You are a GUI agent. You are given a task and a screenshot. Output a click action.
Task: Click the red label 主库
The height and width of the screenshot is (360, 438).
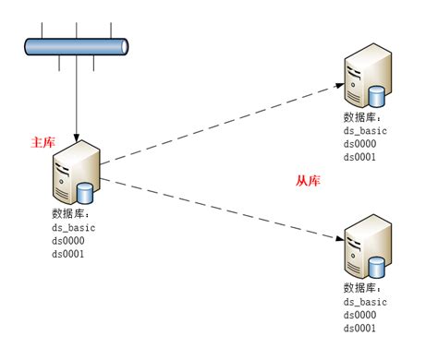(x=43, y=143)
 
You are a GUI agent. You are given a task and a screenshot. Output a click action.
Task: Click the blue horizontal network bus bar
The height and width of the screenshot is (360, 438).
(x=77, y=47)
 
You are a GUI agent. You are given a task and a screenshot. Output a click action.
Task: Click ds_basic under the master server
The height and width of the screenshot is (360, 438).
(x=74, y=228)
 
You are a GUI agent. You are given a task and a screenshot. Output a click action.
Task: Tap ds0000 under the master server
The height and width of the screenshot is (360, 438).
(x=68, y=241)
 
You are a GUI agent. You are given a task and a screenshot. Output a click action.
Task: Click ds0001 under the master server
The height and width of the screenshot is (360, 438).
(x=68, y=254)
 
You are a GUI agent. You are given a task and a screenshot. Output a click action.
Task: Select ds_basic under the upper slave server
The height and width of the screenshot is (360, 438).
(x=365, y=132)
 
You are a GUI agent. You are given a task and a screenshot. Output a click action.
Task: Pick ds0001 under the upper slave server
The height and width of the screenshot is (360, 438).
(x=359, y=157)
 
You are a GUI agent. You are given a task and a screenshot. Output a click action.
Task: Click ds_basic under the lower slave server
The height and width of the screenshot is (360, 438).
(x=365, y=303)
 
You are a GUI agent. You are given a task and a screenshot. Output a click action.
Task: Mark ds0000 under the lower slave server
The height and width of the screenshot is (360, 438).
(x=359, y=316)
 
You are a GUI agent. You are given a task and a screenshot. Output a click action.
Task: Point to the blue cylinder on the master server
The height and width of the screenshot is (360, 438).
(x=86, y=193)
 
